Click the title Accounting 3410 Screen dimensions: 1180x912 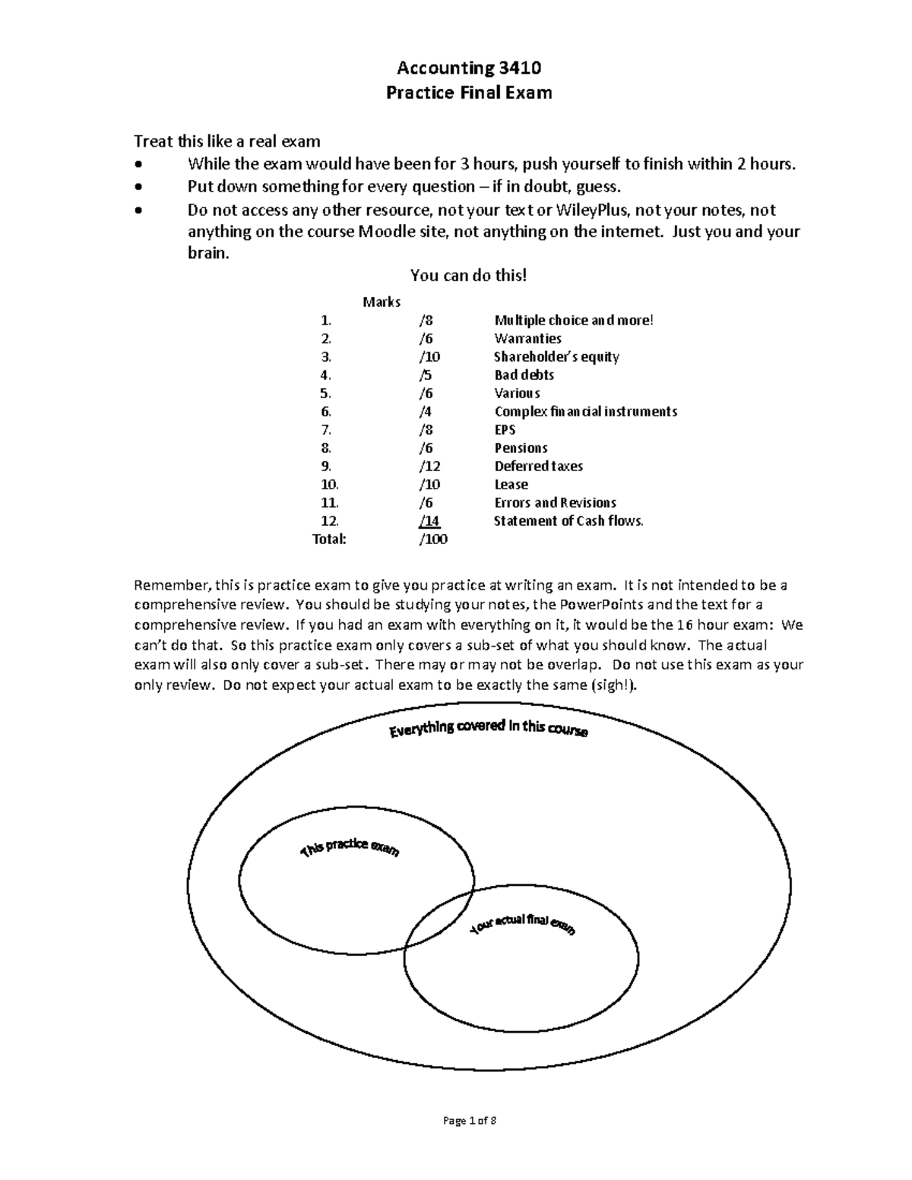tap(469, 68)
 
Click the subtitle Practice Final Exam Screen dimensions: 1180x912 tap(469, 93)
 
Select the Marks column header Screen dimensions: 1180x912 tap(382, 302)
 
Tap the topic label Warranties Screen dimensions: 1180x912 tap(527, 339)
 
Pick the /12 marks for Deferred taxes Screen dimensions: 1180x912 tap(429, 467)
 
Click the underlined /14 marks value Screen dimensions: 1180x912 tap(429, 521)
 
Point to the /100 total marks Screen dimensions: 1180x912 tap(432, 539)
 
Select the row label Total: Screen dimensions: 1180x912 tap(329, 539)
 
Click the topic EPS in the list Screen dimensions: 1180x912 tap(505, 430)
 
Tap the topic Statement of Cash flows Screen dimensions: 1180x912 tap(568, 521)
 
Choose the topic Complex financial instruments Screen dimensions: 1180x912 tap(585, 412)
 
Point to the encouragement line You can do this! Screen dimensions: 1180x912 tap(468, 275)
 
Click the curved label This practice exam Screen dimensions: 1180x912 tap(350, 849)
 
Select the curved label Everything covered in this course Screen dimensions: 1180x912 tap(488, 729)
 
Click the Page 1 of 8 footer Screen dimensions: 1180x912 tap(468, 1121)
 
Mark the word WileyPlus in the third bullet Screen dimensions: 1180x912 tap(592, 210)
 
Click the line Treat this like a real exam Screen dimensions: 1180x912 tap(227, 141)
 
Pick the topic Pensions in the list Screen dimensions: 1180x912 tap(521, 448)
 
